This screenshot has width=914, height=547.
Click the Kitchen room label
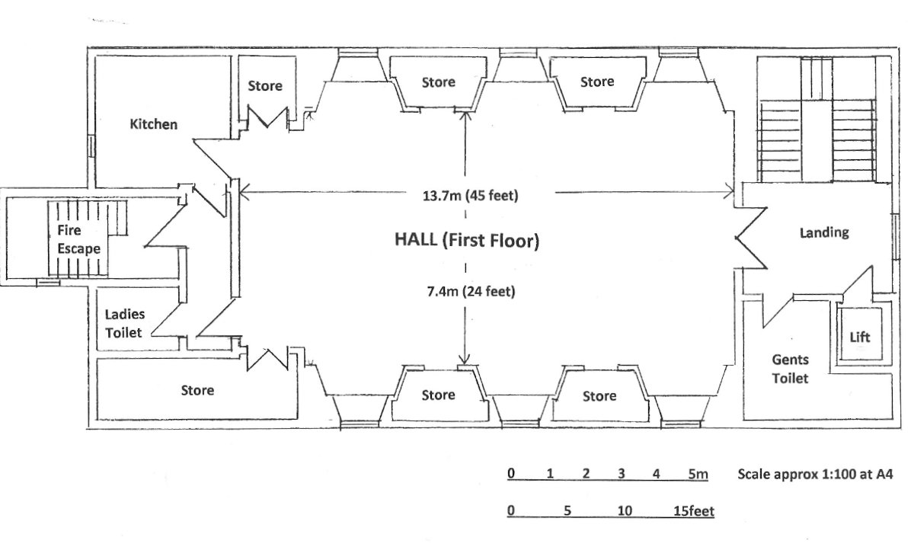click(153, 124)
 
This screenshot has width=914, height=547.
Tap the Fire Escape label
click(78, 239)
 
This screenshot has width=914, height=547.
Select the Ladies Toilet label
click(124, 323)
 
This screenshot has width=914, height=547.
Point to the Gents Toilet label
click(790, 369)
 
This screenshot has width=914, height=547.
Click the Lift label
click(860, 337)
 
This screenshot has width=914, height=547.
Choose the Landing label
click(824, 232)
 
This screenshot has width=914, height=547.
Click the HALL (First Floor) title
click(467, 240)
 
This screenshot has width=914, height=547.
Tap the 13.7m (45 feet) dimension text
click(471, 196)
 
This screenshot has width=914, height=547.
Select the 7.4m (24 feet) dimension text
click(471, 292)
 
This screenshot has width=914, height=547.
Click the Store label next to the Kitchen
click(265, 86)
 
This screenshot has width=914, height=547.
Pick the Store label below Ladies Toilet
click(197, 390)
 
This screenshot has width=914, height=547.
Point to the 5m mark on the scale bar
click(698, 474)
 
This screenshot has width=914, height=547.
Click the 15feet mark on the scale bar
click(694, 510)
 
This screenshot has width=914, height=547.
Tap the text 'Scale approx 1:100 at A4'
click(815, 474)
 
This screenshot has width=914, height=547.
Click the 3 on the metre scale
click(621, 474)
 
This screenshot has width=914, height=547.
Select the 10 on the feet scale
click(625, 510)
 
